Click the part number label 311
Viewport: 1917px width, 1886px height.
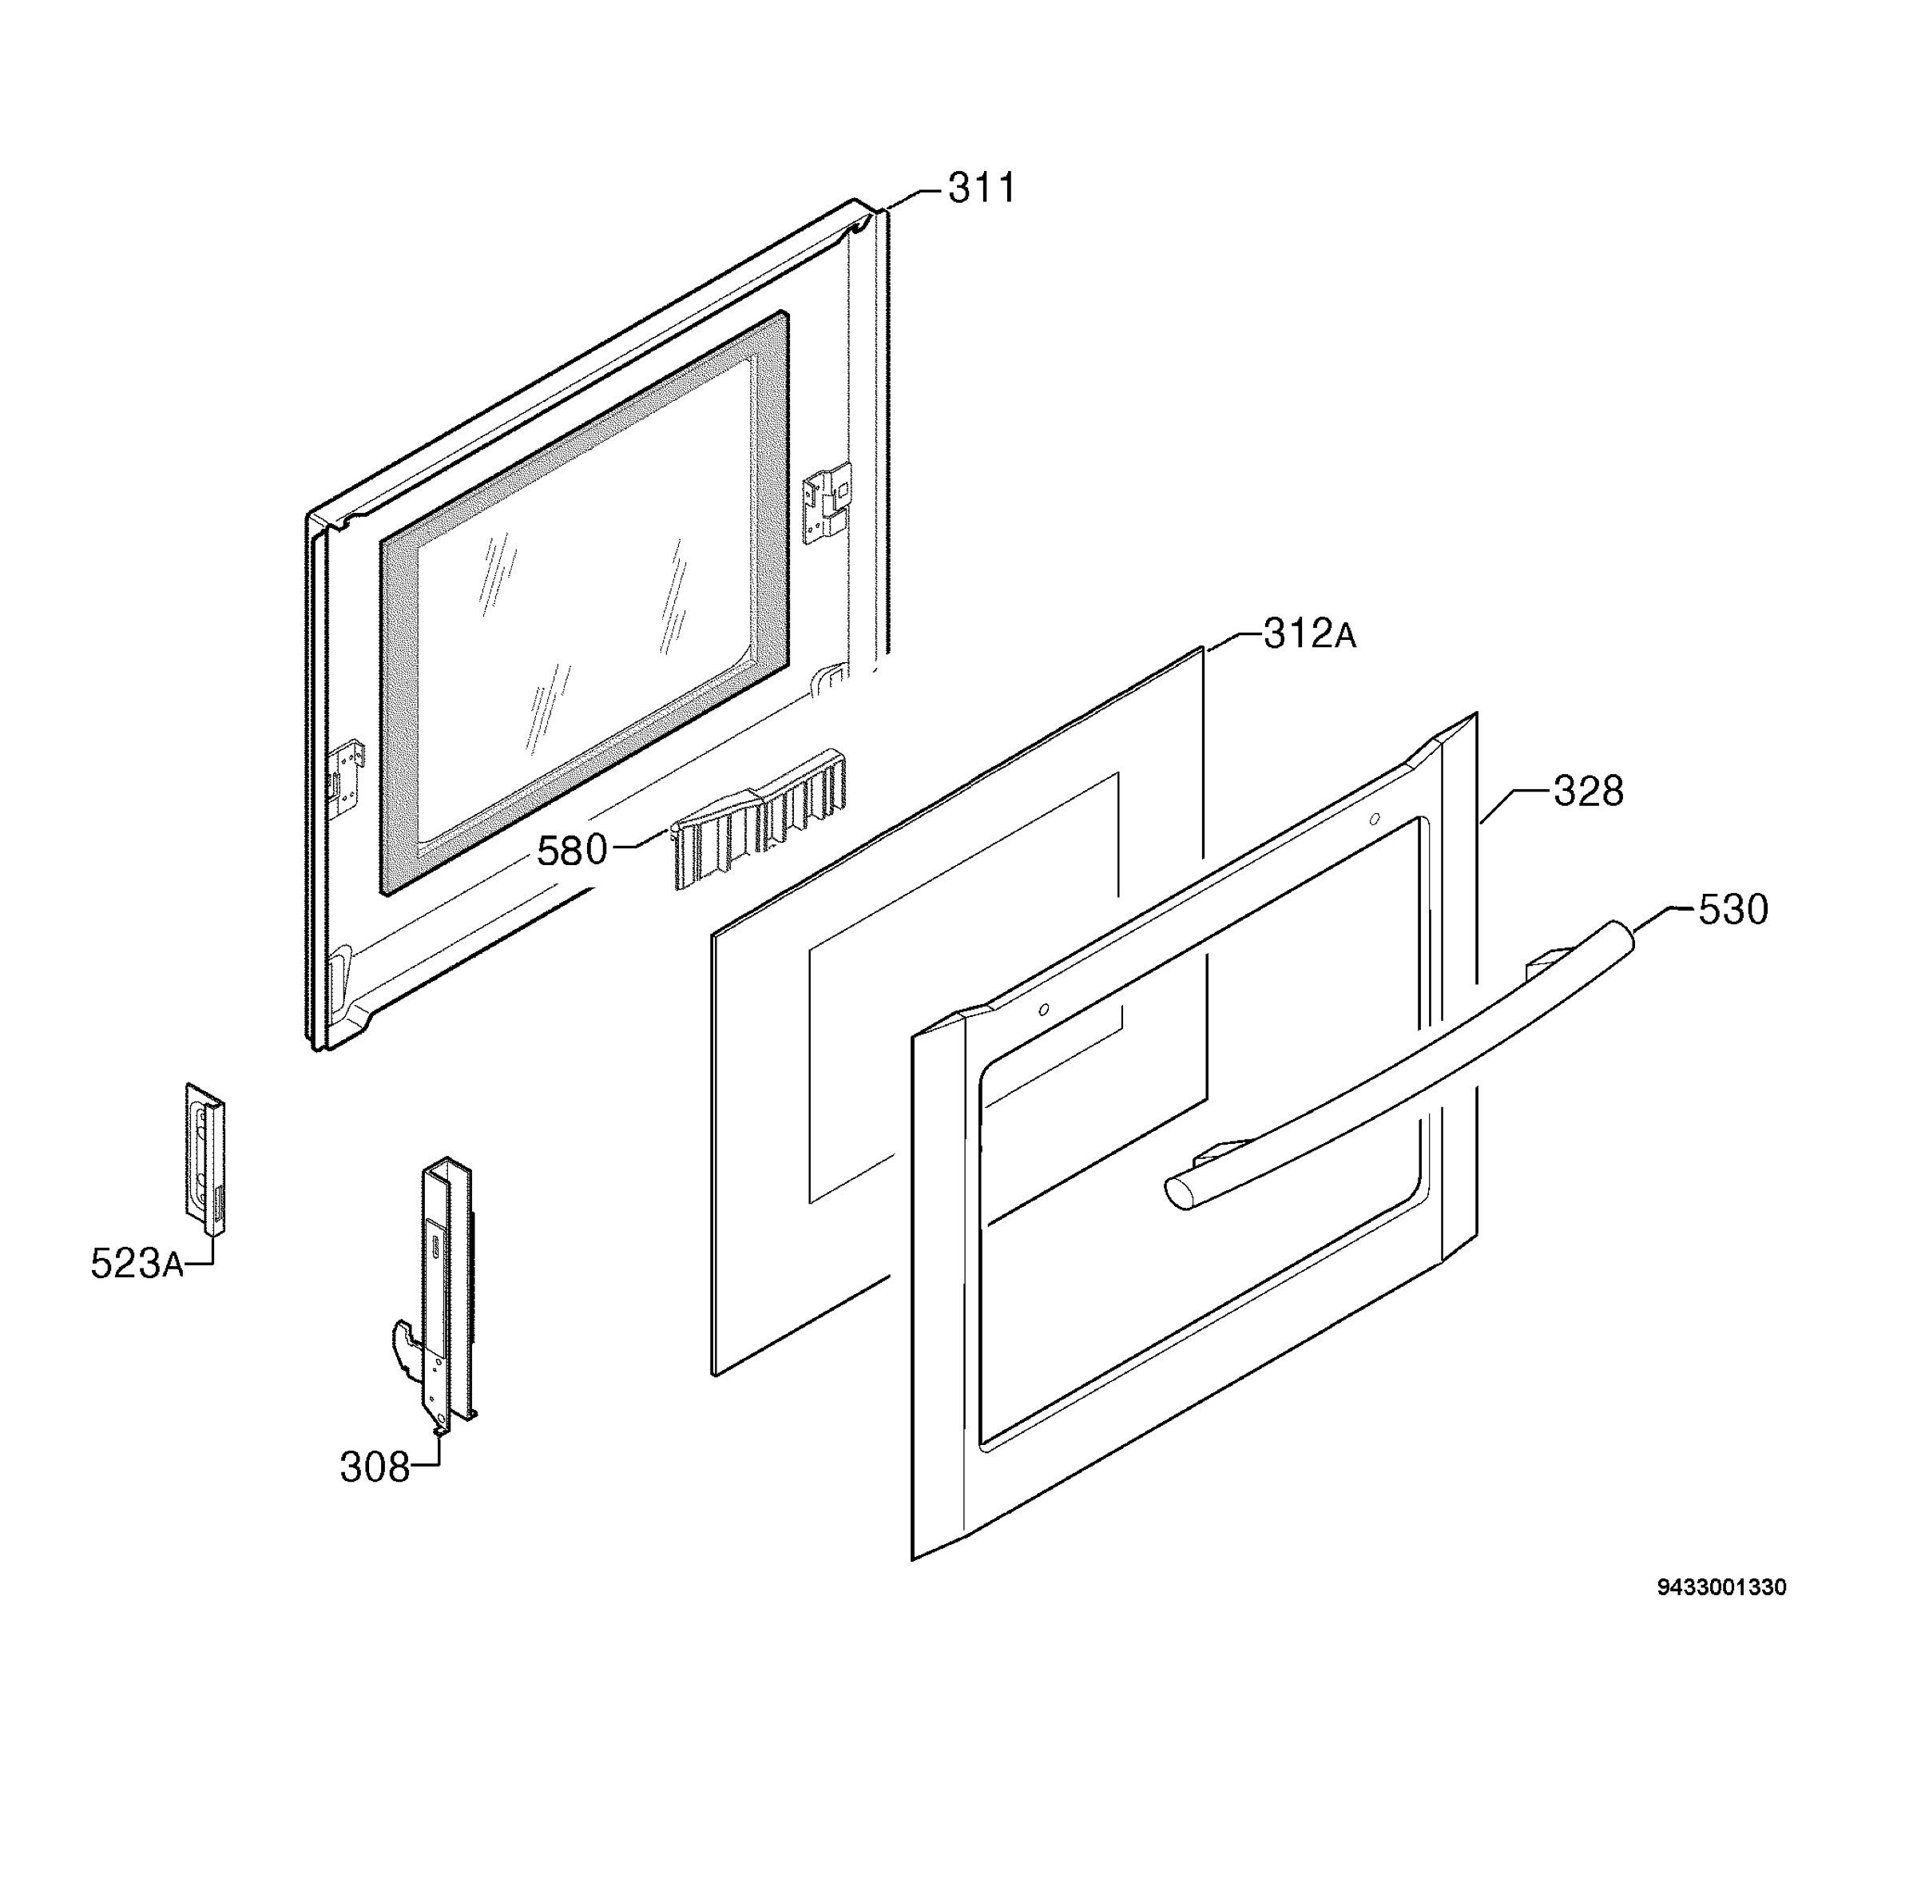(981, 189)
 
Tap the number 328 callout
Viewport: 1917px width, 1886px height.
(1587, 792)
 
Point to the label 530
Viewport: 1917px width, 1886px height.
(1732, 909)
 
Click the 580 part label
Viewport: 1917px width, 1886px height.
(572, 850)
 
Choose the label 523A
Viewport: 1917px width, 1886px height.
(137, 1263)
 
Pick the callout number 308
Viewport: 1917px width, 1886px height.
(375, 1467)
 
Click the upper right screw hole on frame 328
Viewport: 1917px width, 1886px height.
(1374, 819)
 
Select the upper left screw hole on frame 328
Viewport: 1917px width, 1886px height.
(1044, 1010)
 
